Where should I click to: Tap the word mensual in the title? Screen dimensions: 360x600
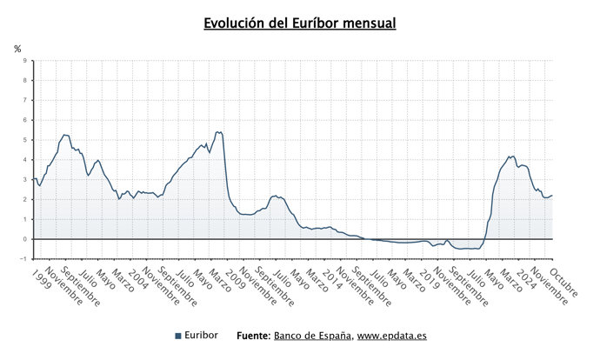[x=367, y=23]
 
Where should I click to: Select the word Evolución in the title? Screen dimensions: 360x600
[x=235, y=23]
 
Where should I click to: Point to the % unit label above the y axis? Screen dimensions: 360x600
[x=17, y=49]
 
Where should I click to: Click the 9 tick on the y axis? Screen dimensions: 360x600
[x=24, y=61]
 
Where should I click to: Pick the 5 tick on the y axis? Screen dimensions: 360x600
[x=24, y=140]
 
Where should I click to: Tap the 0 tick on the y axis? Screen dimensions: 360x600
[x=24, y=239]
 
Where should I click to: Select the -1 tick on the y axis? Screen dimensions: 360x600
[x=23, y=259]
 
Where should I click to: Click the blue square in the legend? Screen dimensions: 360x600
[x=177, y=336]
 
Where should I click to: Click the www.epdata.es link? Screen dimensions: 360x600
[x=392, y=336]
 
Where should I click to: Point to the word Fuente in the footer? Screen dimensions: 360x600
[x=253, y=336]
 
